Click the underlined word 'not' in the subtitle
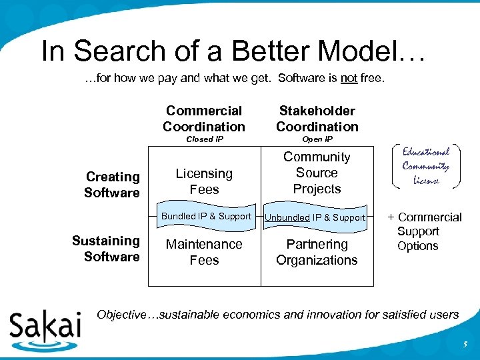tap(349, 79)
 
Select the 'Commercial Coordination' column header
tap(204, 119)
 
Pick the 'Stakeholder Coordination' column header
tap(317, 119)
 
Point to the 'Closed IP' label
tap(204, 139)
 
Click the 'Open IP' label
tap(317, 139)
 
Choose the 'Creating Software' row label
tap(112, 185)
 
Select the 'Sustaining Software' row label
tap(106, 249)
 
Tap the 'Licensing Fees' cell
tap(204, 181)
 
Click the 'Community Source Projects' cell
tap(317, 173)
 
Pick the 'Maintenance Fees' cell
tap(204, 252)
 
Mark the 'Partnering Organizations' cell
tap(317, 252)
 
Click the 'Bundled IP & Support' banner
tap(206, 216)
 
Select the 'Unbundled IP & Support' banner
tap(315, 217)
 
